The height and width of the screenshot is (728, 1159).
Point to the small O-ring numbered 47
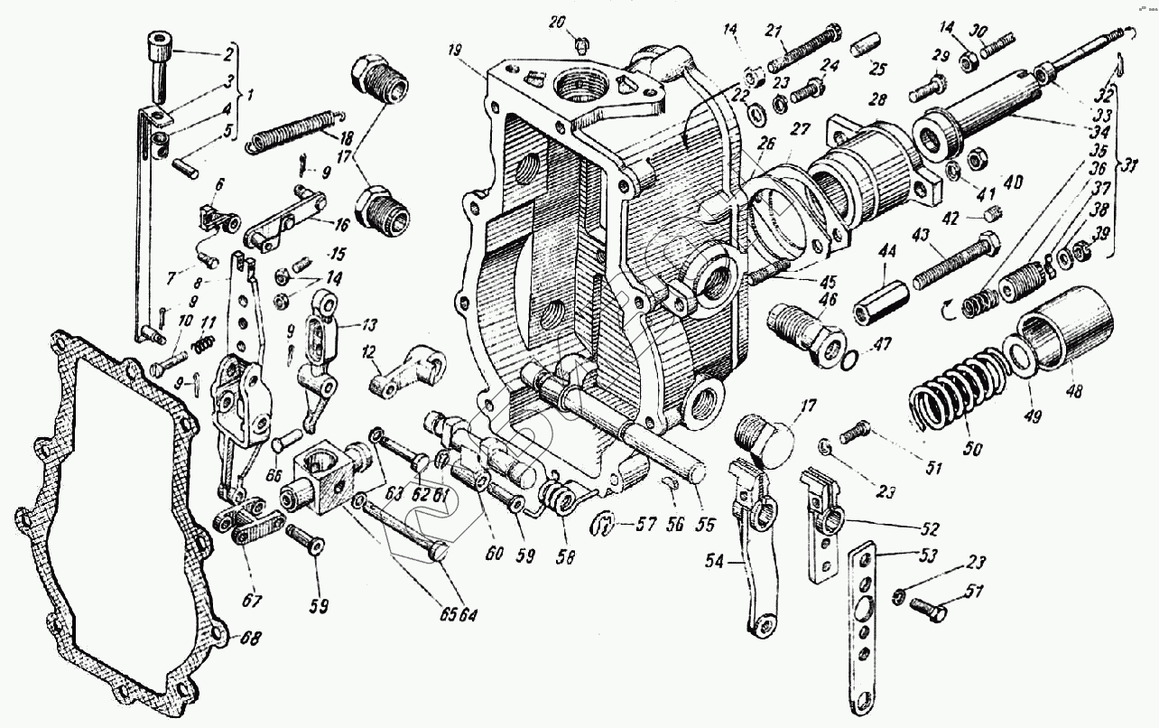tap(849, 361)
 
